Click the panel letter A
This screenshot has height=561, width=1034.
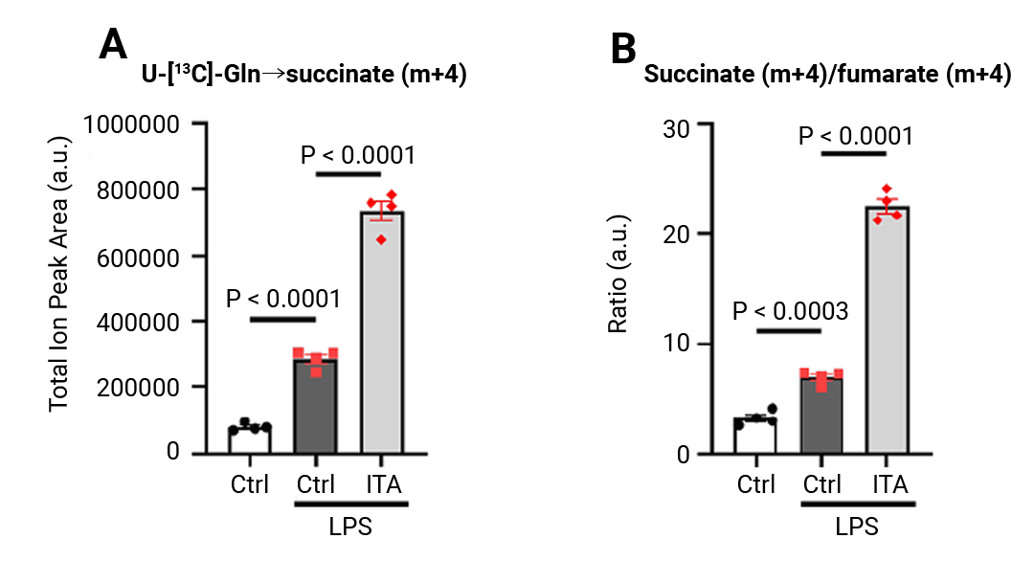[114, 44]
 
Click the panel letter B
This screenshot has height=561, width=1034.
[623, 46]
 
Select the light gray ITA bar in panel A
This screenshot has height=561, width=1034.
[383, 335]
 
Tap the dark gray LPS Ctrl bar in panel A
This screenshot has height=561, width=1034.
[316, 407]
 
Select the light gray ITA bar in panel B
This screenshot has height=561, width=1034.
[887, 335]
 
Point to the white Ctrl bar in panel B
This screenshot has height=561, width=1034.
[754, 438]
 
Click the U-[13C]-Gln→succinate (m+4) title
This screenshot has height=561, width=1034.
[298, 77]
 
